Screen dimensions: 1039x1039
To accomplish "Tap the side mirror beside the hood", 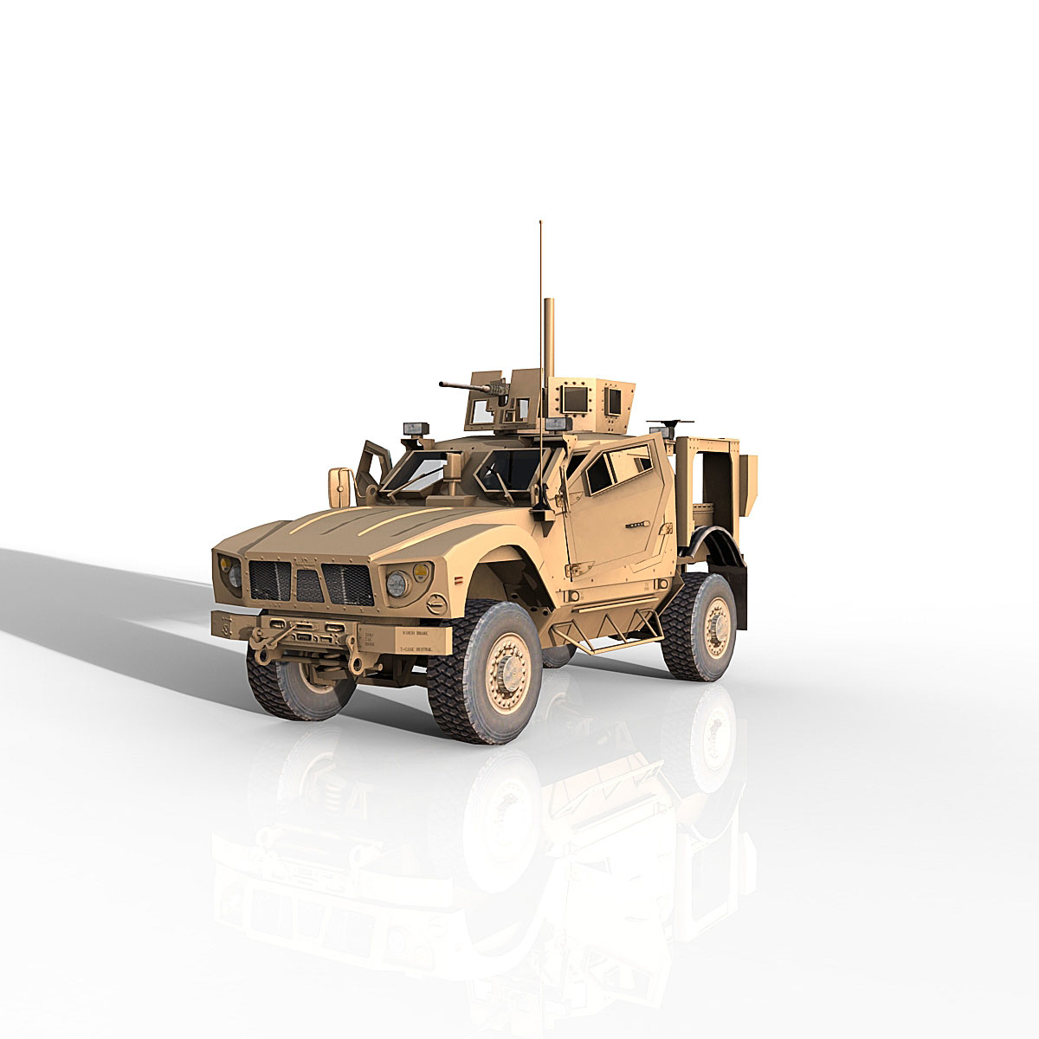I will (339, 487).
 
